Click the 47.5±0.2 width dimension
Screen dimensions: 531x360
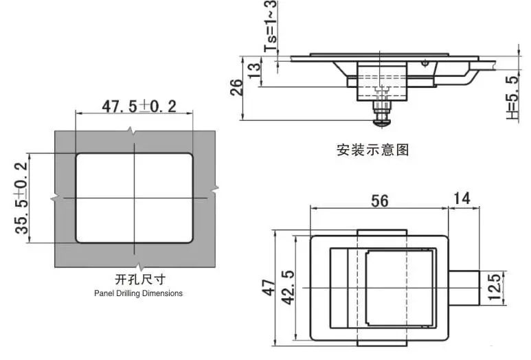(x=139, y=106)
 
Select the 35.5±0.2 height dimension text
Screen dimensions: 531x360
(x=21, y=198)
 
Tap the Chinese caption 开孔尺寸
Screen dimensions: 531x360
(x=140, y=280)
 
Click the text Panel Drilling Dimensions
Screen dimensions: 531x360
(x=138, y=293)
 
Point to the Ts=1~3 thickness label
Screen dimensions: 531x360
(x=270, y=26)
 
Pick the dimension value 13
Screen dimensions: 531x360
(x=255, y=71)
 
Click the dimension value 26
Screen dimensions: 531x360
(x=236, y=87)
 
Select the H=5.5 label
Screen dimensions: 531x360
(x=512, y=98)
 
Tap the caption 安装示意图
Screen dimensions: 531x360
(x=372, y=150)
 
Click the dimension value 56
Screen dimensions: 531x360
(x=379, y=201)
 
